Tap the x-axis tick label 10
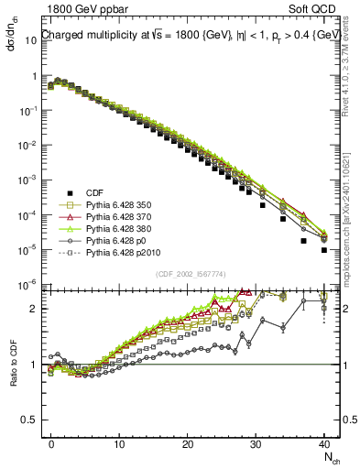tap(119, 442)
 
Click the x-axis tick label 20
tap(188, 442)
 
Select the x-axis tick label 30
tap(256, 442)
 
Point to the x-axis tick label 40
tap(323, 442)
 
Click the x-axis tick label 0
tap(51, 442)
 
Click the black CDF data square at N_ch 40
tap(324, 249)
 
